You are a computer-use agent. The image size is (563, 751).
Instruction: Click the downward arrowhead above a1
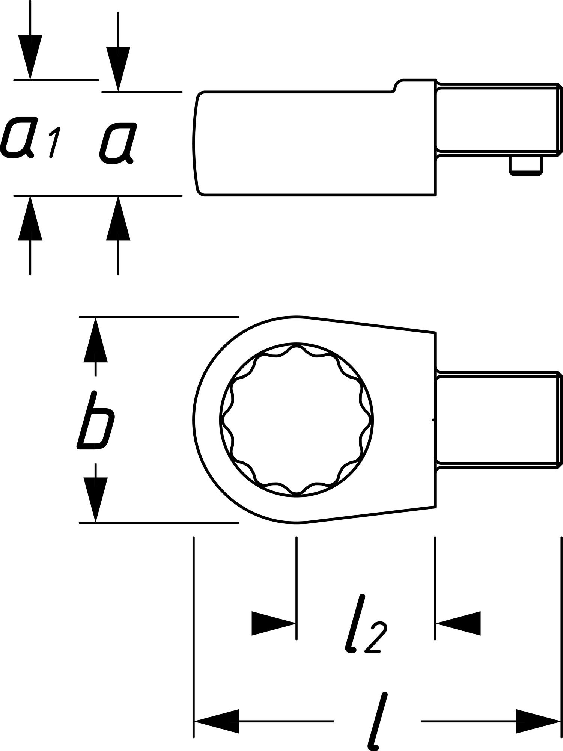coord(30,56)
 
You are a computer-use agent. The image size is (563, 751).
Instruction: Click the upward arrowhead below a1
coord(30,220)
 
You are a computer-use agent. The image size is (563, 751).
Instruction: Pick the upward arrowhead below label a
coord(118,220)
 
